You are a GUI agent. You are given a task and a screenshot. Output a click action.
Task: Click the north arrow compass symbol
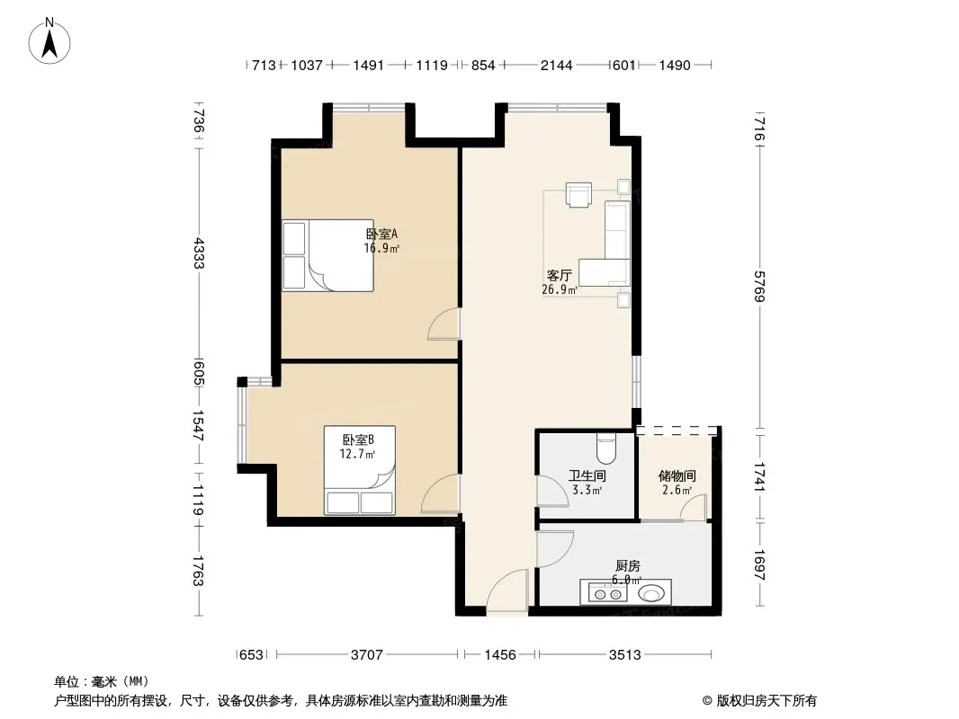[x=49, y=41]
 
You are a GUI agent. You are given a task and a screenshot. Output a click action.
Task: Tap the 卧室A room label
[x=381, y=234]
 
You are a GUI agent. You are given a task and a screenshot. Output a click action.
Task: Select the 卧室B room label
[x=358, y=439]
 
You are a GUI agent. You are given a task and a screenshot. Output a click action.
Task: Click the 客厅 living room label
[x=559, y=276]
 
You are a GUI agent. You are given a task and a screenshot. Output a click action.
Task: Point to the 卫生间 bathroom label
[x=587, y=475]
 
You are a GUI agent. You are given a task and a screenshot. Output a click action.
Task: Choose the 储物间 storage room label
[x=677, y=475]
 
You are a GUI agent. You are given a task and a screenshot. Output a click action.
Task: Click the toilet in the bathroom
[x=606, y=448]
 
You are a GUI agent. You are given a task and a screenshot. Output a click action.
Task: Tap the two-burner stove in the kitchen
[x=608, y=592]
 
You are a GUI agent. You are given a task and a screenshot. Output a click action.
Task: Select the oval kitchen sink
[x=650, y=593]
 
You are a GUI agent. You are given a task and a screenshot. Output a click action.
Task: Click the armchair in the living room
[x=578, y=195]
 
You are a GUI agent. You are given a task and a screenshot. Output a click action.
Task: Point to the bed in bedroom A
[x=328, y=255]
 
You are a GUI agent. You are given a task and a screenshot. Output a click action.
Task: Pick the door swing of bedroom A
[x=444, y=324]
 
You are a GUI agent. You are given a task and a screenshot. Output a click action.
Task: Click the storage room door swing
[x=695, y=508]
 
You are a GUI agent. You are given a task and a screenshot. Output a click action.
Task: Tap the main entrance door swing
[x=507, y=590]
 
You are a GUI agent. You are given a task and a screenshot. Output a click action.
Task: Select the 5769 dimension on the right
[x=760, y=286]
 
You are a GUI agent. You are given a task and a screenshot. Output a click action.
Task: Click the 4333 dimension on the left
[x=198, y=253]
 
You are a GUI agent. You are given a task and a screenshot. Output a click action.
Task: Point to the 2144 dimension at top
[x=557, y=66]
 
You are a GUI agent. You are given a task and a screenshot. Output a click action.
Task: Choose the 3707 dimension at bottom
[x=367, y=655]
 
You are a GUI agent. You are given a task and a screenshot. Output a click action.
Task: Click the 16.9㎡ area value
[x=381, y=248]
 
